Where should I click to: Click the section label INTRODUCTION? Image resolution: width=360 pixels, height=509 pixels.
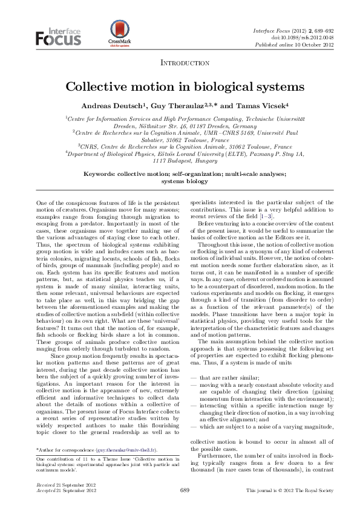[x=185, y=63]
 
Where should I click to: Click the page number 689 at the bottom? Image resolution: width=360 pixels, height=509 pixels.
[x=185, y=490]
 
